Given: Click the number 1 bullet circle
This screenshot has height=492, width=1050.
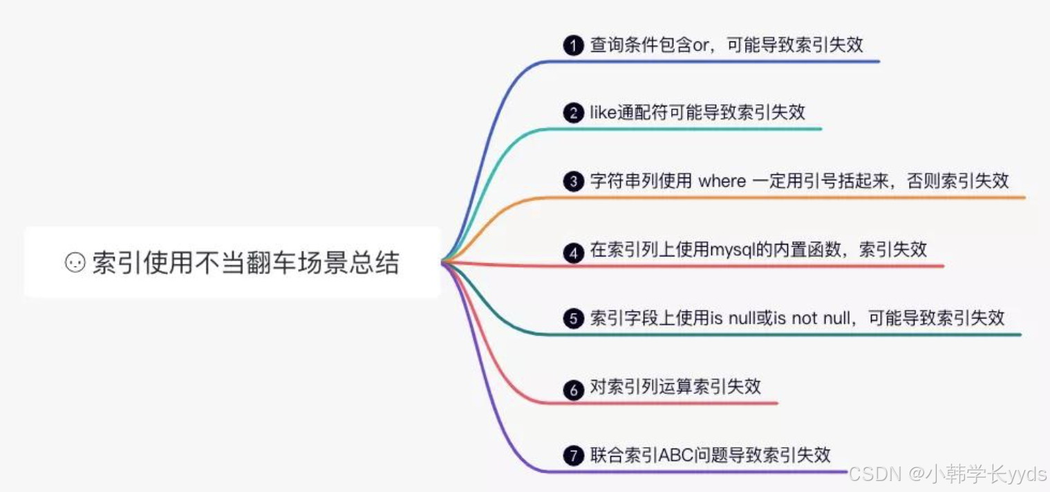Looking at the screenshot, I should pyautogui.click(x=573, y=46).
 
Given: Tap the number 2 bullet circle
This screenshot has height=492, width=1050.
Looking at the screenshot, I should pyautogui.click(x=573, y=113).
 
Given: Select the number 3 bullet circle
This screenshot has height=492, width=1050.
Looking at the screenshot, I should pyautogui.click(x=573, y=182).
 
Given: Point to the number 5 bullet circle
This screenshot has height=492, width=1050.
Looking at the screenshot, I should pyautogui.click(x=573, y=319).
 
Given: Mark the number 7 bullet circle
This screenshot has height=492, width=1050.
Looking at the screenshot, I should pyautogui.click(x=573, y=456).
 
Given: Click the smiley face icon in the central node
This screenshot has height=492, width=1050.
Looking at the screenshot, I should pyautogui.click(x=75, y=263).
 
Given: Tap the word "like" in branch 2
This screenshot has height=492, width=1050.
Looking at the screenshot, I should pyautogui.click(x=603, y=113).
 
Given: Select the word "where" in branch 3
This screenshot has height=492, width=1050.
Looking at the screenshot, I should pyautogui.click(x=722, y=182).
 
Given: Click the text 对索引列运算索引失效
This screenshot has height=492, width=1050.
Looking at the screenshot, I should pyautogui.click(x=675, y=387).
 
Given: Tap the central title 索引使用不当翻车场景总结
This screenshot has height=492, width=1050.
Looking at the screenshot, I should pyautogui.click(x=245, y=263).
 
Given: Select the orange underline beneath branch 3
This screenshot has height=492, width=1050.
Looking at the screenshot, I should pyautogui.click(x=795, y=198).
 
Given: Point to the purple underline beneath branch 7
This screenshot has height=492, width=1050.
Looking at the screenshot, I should pyautogui.click(x=691, y=472).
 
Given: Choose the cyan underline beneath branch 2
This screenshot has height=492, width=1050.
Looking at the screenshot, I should pyautogui.click(x=691, y=129).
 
